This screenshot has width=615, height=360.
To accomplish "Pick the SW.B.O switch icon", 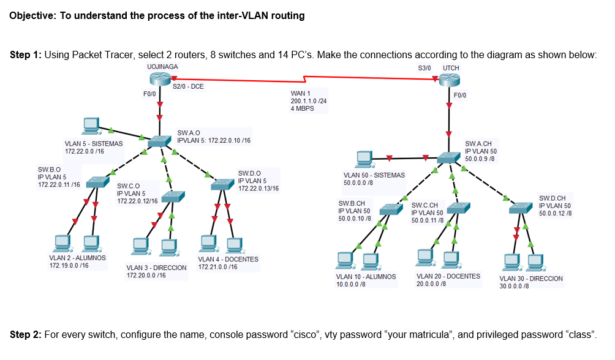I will [97, 181].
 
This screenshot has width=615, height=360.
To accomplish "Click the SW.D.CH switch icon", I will [522, 209].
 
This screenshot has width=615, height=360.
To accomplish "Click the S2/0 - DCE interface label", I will [188, 88].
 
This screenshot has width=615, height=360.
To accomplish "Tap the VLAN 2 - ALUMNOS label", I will [77, 258].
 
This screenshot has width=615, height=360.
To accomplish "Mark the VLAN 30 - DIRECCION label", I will [531, 279].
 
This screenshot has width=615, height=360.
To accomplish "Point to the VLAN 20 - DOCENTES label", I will [448, 277].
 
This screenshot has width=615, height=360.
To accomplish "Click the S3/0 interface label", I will [424, 67].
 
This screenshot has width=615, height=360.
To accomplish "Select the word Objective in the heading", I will [34, 16].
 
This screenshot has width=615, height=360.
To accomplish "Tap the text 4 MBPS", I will [303, 108].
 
